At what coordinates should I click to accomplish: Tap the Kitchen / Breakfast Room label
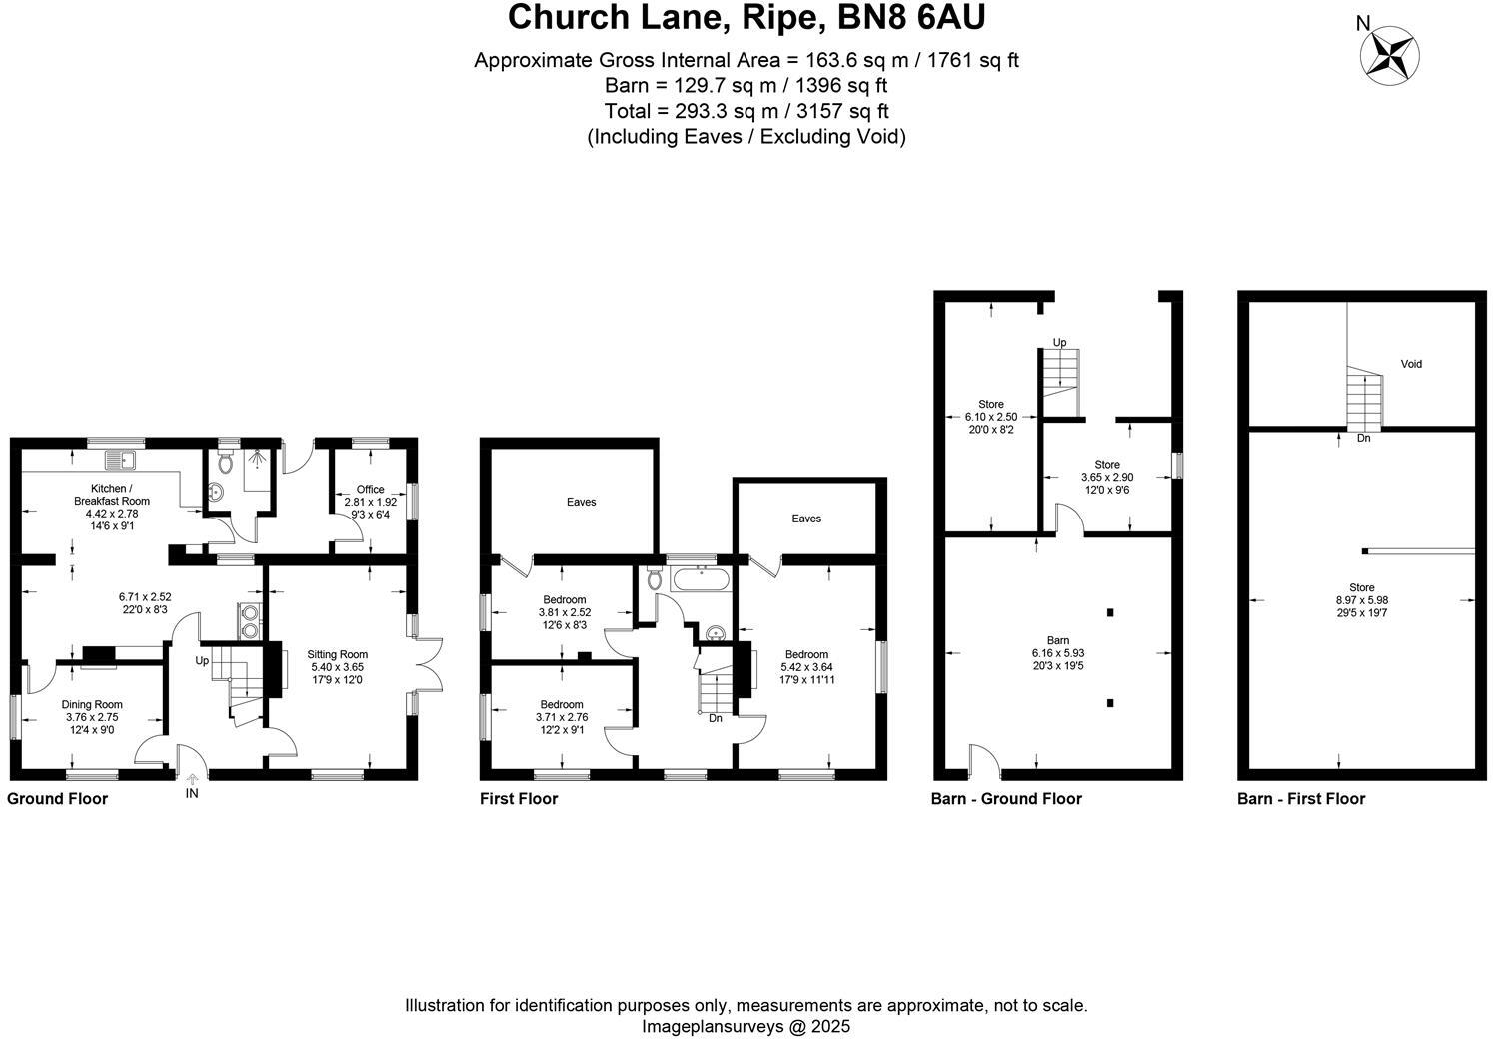[x=112, y=494]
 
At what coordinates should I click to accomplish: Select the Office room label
[x=370, y=490]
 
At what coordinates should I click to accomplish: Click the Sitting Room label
[x=339, y=655]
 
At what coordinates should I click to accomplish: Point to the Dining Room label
[x=92, y=705]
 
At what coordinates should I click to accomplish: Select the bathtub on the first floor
[x=702, y=578]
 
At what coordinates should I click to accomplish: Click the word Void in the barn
[x=1410, y=364]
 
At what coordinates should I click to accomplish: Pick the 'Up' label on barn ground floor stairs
[x=1059, y=343]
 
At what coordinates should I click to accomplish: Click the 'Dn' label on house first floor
[x=715, y=718]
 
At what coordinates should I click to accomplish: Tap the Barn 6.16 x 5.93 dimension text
[x=1057, y=653]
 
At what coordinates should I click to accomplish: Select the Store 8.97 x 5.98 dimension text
[x=1361, y=600]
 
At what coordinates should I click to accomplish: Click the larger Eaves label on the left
[x=581, y=502]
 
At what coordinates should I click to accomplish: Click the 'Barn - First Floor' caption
[x=1300, y=798]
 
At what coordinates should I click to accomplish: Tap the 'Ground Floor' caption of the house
[x=57, y=798]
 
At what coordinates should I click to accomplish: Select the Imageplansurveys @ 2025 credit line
[x=746, y=1026]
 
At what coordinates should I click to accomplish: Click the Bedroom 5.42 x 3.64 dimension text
[x=805, y=667]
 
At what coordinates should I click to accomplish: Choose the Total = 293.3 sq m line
[x=746, y=111]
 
